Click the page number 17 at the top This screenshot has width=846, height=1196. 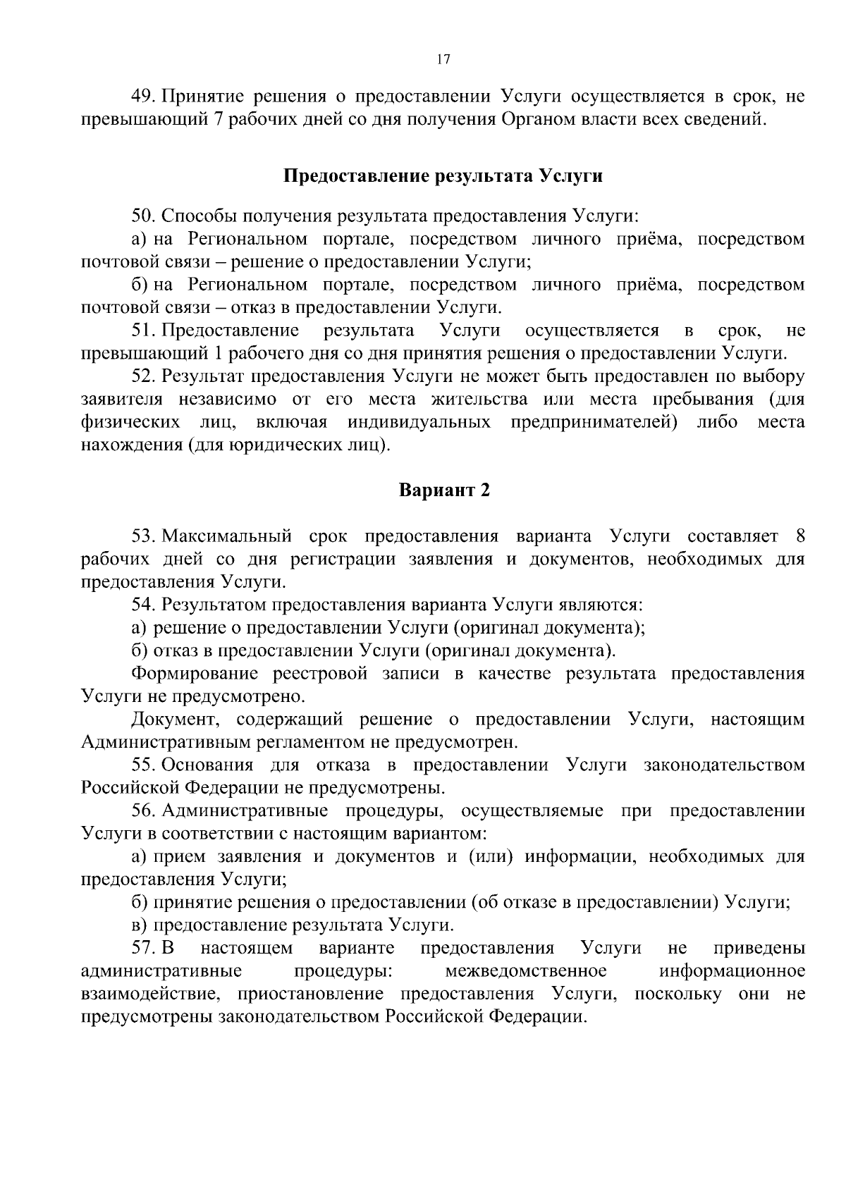click(x=443, y=60)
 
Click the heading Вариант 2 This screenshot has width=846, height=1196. click(x=444, y=491)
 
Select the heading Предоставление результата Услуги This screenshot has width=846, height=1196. click(x=443, y=175)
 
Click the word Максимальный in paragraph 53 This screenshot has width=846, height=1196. click(x=226, y=536)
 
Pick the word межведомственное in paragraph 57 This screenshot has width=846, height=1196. click(x=525, y=972)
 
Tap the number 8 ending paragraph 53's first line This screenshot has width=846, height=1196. click(x=799, y=536)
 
